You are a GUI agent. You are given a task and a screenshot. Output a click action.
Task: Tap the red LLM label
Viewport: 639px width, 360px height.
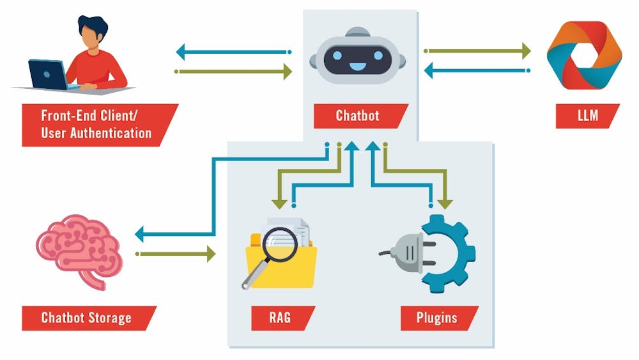[x=587, y=116]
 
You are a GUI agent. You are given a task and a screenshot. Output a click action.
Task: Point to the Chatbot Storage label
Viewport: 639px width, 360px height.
[x=87, y=318]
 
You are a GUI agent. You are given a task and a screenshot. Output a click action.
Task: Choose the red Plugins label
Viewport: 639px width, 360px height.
[x=437, y=318]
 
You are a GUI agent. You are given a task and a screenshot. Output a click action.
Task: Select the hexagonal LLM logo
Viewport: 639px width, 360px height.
[x=584, y=55]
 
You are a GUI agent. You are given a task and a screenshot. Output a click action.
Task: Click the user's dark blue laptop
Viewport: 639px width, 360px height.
[x=48, y=74]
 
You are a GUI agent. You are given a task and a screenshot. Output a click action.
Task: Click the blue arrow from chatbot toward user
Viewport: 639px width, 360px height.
[x=233, y=51]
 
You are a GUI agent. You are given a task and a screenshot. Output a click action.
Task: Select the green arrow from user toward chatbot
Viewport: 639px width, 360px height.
[x=233, y=71]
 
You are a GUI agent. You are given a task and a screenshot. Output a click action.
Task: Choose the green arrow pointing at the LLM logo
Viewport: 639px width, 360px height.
[x=477, y=51]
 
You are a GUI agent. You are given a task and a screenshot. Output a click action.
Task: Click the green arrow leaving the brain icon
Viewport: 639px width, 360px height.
[x=176, y=254]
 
